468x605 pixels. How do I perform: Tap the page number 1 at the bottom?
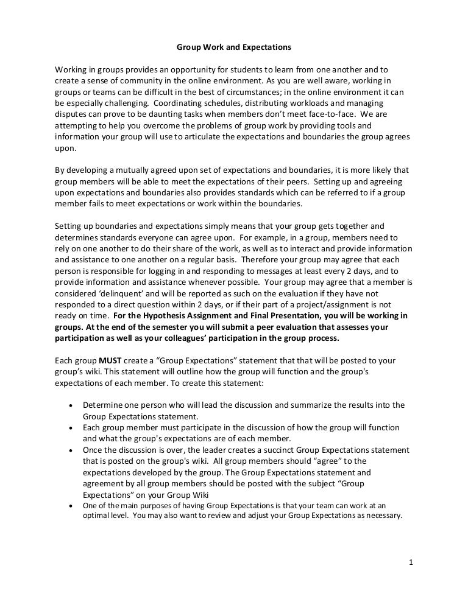pos(411,562)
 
